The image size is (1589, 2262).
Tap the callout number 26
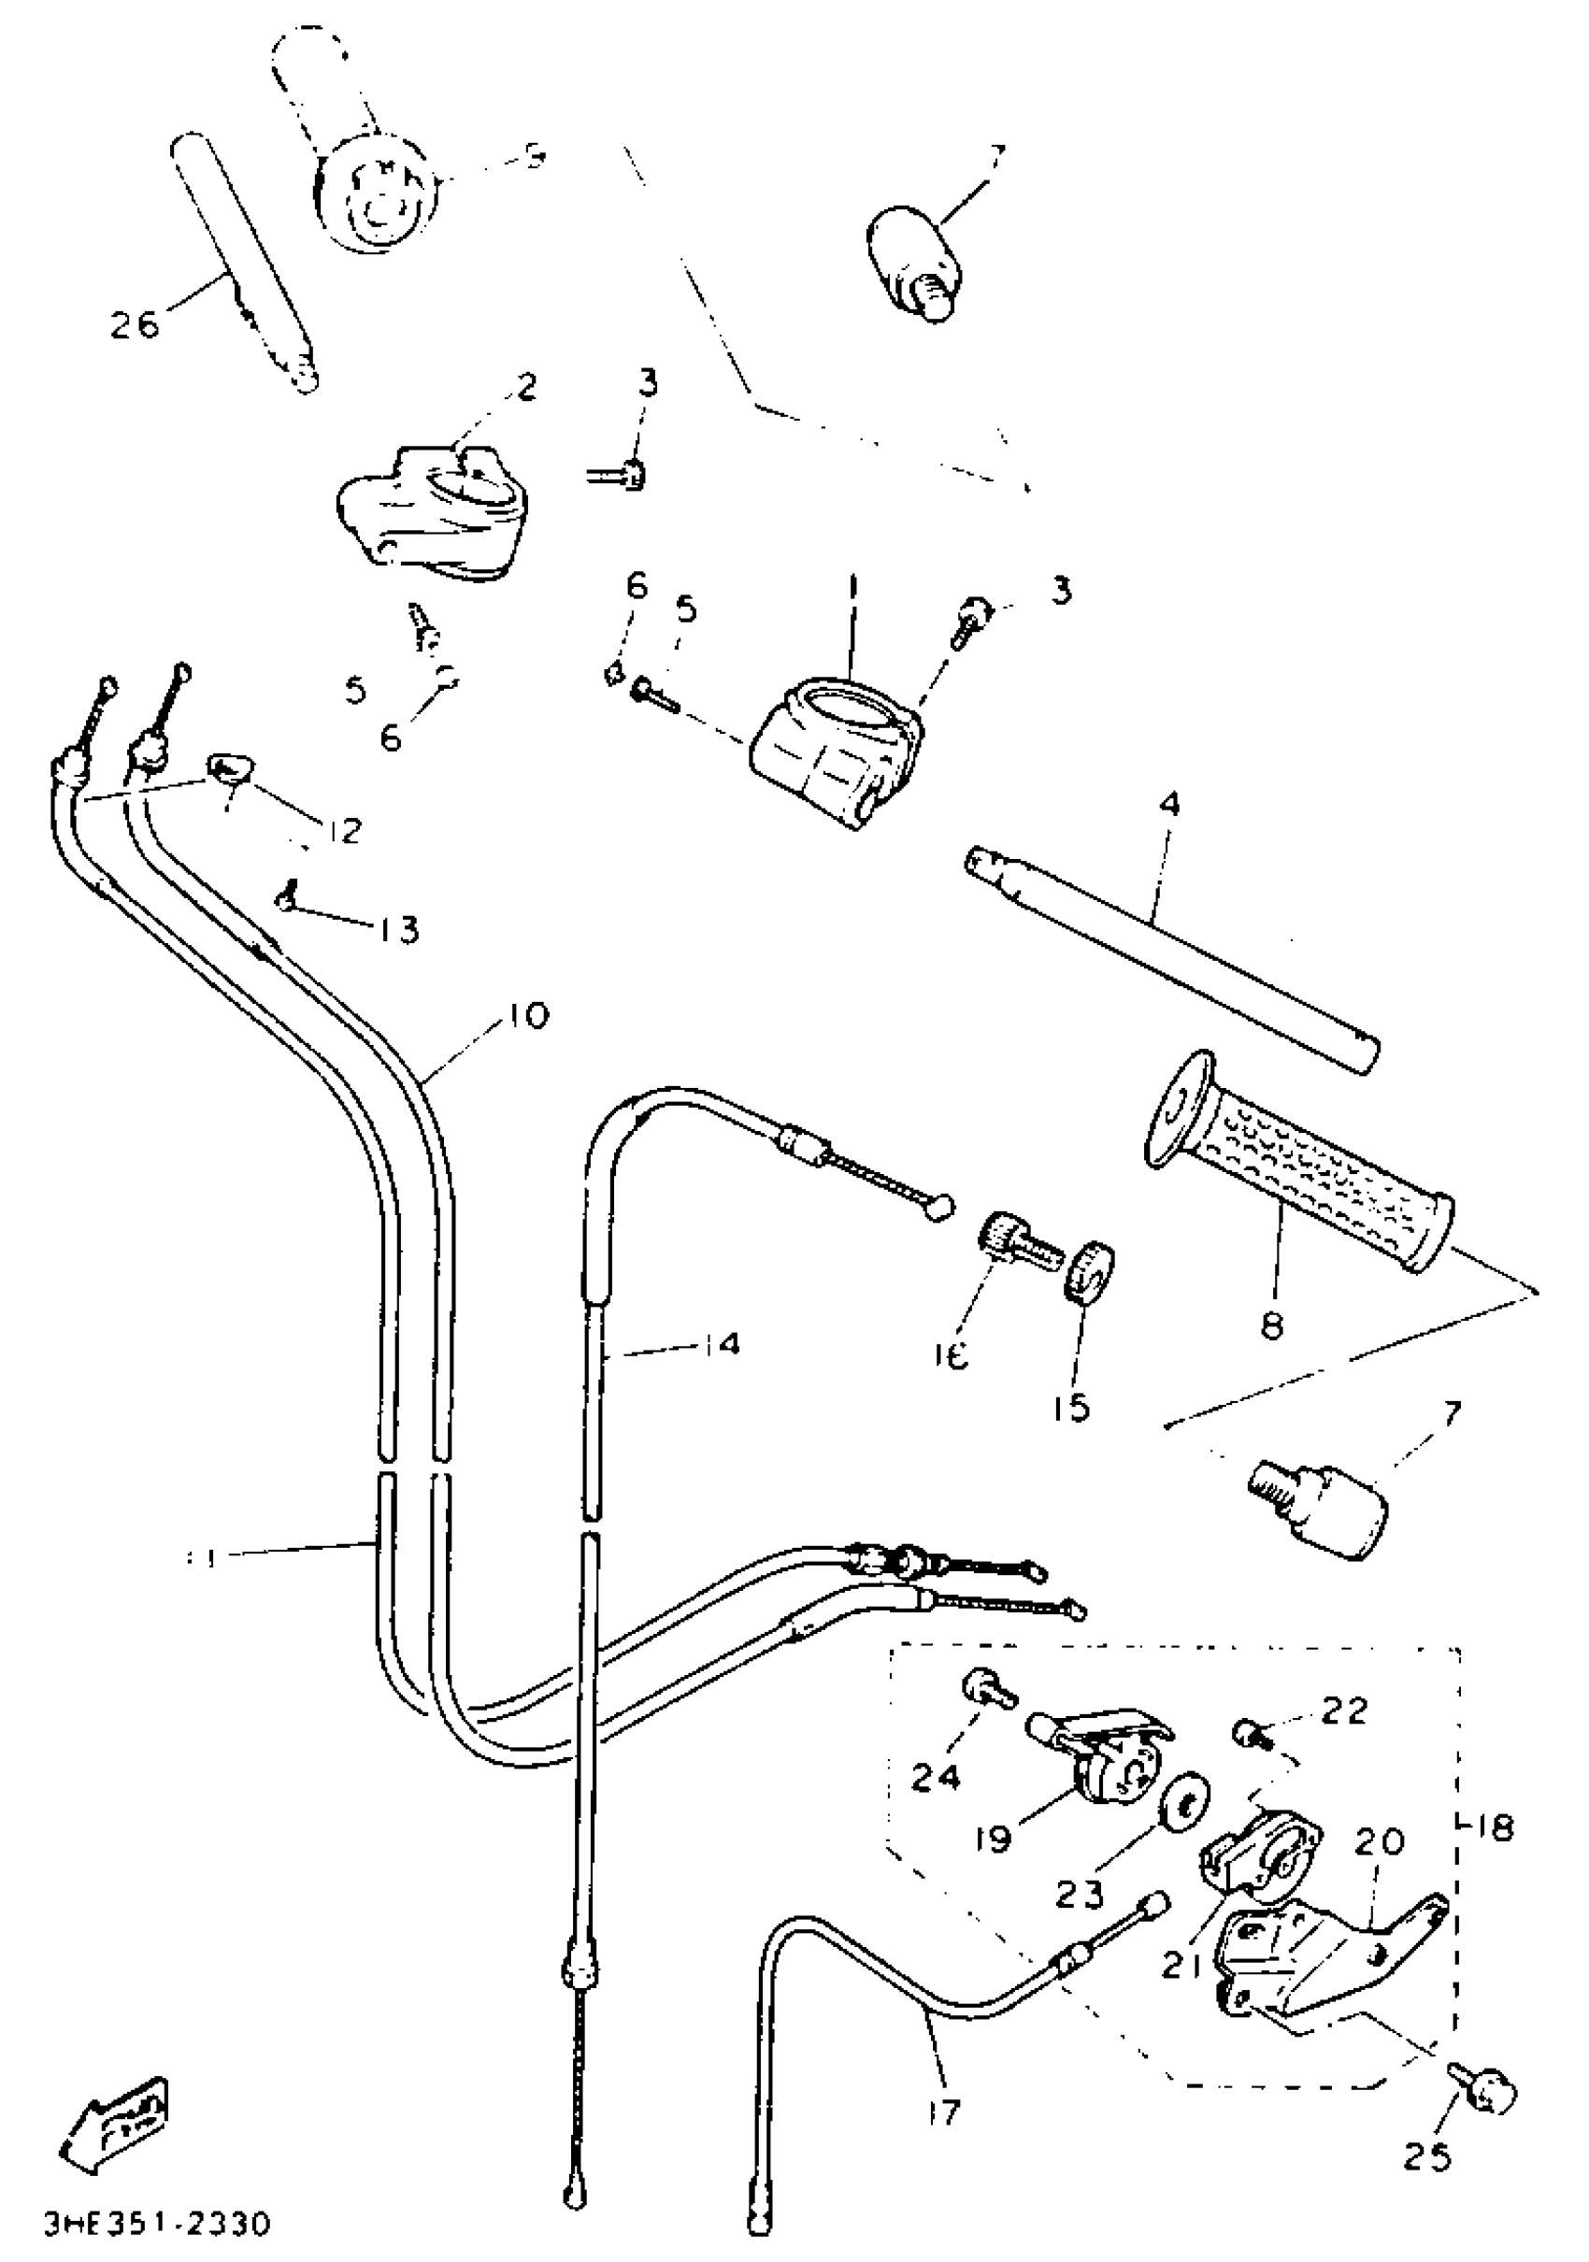pyautogui.click(x=135, y=323)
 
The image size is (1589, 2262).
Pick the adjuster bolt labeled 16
pyautogui.click(x=1015, y=1243)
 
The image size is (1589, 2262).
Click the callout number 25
pyautogui.click(x=1427, y=2156)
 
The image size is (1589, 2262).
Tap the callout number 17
pyautogui.click(x=944, y=2112)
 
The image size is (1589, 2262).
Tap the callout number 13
pyautogui.click(x=399, y=929)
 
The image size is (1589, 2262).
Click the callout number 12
pyautogui.click(x=340, y=831)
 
